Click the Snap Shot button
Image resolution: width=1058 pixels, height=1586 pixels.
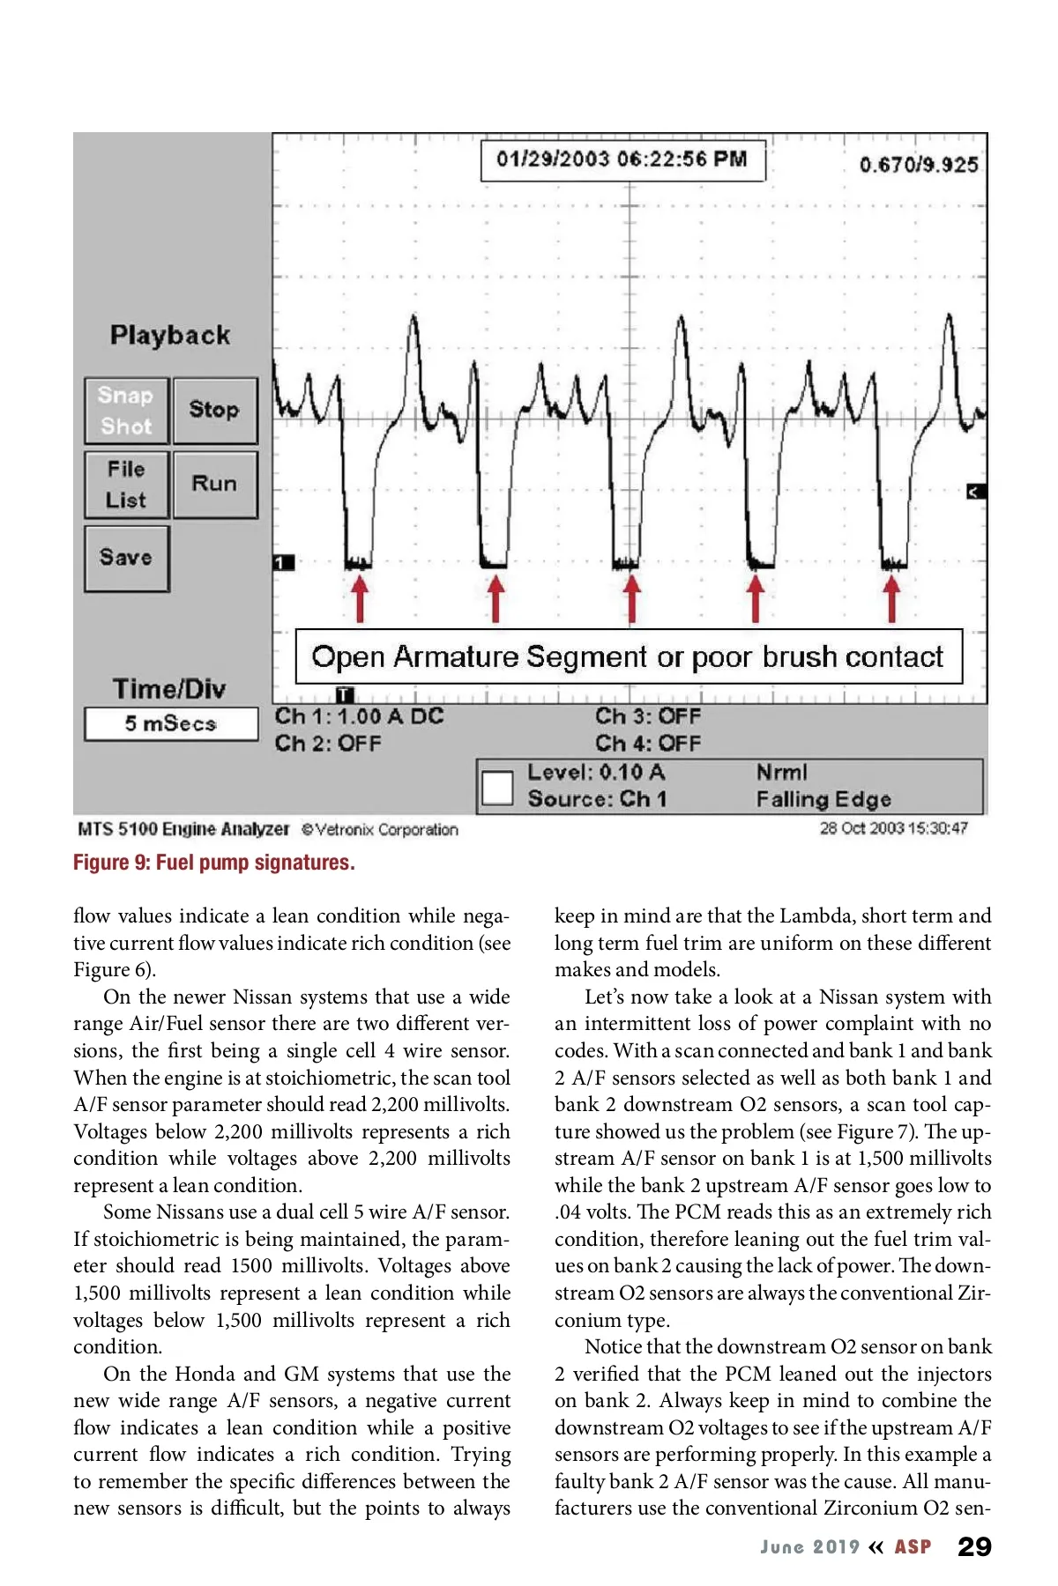pos(126,411)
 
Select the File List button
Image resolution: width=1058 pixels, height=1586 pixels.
pos(126,485)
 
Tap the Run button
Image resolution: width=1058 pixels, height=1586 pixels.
pos(214,484)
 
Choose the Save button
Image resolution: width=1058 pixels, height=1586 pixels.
pos(126,558)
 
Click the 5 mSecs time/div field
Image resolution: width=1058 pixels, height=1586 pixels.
pos(171,723)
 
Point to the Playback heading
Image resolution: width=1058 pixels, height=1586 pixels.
pos(170,335)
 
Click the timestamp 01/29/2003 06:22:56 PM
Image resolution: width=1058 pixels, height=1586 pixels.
pos(622,159)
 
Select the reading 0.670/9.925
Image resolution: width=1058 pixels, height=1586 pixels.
pos(919,165)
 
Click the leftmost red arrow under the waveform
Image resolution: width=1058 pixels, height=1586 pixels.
pos(359,598)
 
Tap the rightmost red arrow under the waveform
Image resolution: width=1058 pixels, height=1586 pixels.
pos(892,598)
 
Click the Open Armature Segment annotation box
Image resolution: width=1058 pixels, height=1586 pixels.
pos(628,656)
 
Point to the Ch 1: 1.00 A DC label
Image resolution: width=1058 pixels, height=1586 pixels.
pos(359,716)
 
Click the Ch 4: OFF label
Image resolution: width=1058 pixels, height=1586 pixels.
pos(648,744)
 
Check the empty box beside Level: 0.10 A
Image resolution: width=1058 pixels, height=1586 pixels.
pos(498,787)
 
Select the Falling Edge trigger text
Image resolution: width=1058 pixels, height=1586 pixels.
pos(823,799)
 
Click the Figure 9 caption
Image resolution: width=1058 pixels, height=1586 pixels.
pos(214,863)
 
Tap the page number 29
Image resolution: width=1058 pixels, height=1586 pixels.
pos(974,1547)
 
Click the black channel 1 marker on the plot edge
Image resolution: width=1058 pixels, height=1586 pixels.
pos(283,562)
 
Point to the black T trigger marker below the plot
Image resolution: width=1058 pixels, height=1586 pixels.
pos(346,695)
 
